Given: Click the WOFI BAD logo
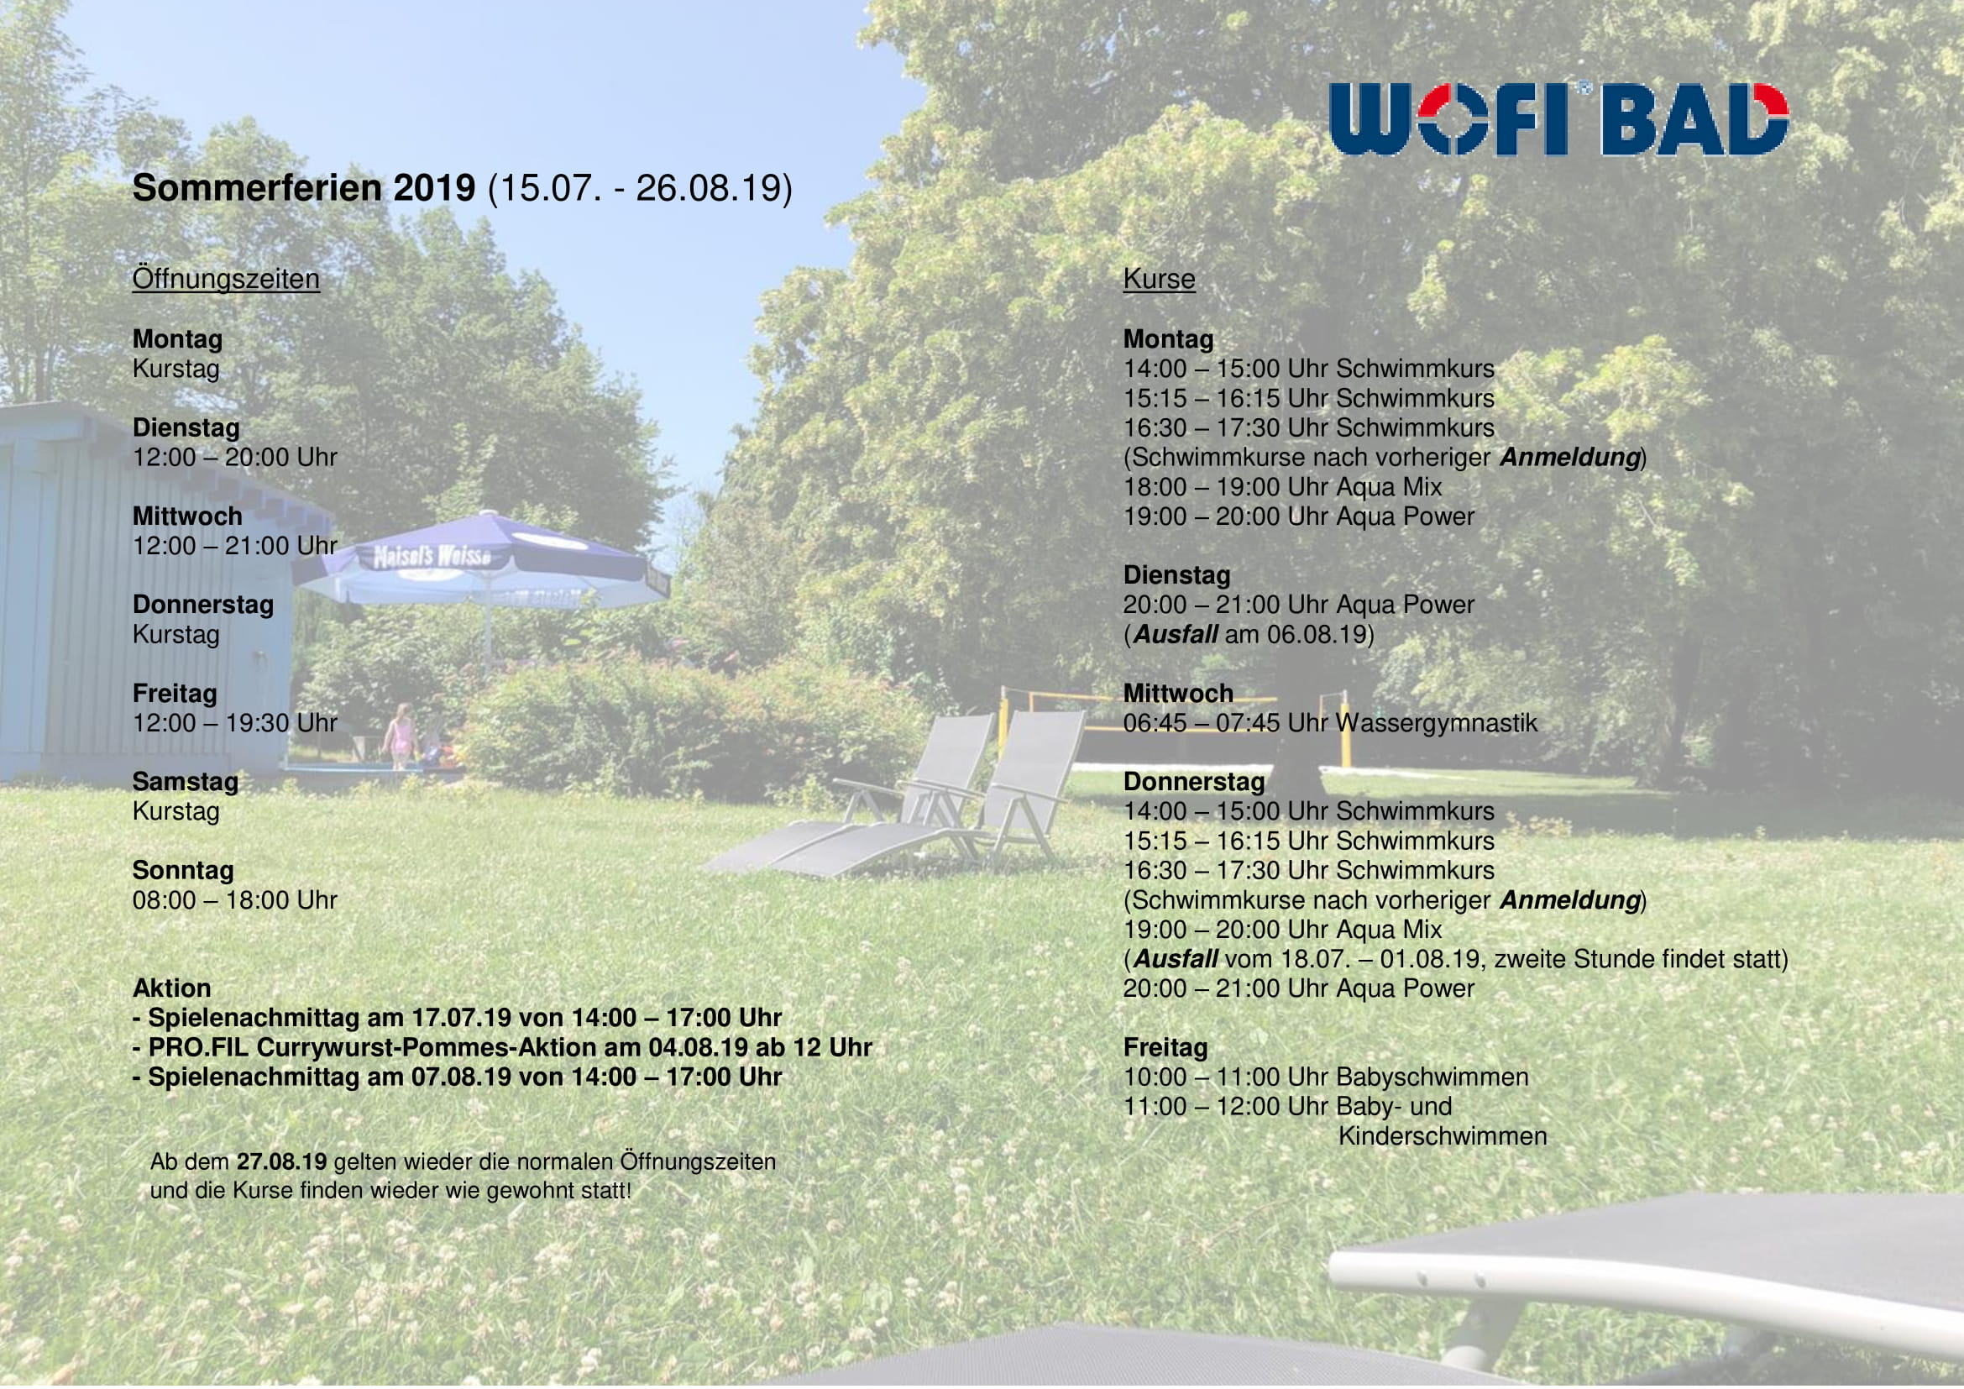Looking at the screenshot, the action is (x=1558, y=119).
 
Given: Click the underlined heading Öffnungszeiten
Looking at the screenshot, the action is (x=226, y=279).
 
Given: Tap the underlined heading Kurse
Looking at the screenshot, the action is (x=1159, y=279).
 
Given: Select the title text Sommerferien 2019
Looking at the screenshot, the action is (x=304, y=187).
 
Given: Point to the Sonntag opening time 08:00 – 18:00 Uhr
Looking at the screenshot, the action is (x=235, y=899).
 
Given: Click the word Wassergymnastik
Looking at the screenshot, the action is (x=1437, y=724).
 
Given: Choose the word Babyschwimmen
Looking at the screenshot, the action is (x=1432, y=1077).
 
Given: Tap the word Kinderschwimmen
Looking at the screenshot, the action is (x=1443, y=1137).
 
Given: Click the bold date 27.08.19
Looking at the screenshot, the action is (x=281, y=1161).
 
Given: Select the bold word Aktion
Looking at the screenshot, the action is (x=172, y=988).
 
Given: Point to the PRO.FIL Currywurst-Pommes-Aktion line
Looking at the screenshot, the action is (x=503, y=1048).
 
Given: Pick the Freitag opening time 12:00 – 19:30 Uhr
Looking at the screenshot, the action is (x=235, y=723).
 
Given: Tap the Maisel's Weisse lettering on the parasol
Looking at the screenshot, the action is (x=432, y=557).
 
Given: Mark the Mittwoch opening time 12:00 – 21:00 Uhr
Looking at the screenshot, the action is (x=235, y=546).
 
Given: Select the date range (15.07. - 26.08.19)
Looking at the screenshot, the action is (x=640, y=188).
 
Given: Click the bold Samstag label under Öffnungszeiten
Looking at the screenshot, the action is (x=186, y=782).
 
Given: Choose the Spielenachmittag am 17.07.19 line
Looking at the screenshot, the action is (x=458, y=1018).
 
